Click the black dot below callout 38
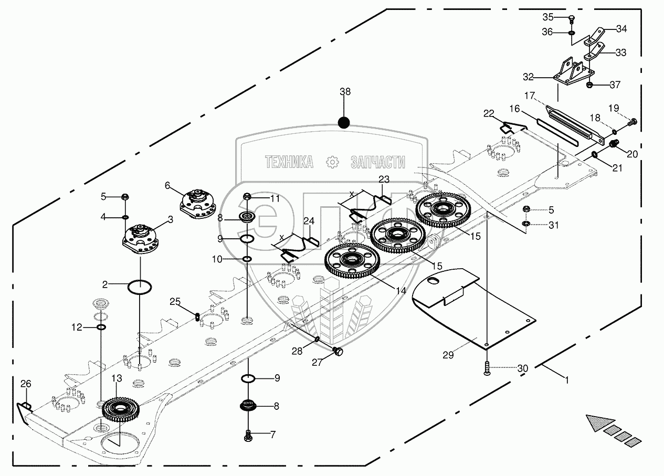tap(344, 122)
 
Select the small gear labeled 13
tap(121, 410)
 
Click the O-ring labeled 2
tap(139, 287)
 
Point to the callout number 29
tap(448, 355)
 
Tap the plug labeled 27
tap(338, 352)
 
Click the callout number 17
tap(529, 96)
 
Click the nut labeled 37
tap(589, 86)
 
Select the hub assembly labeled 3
tap(141, 239)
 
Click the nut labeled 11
tap(247, 196)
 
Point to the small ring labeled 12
tap(101, 327)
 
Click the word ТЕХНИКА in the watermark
tap(289, 162)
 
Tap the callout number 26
tap(26, 384)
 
